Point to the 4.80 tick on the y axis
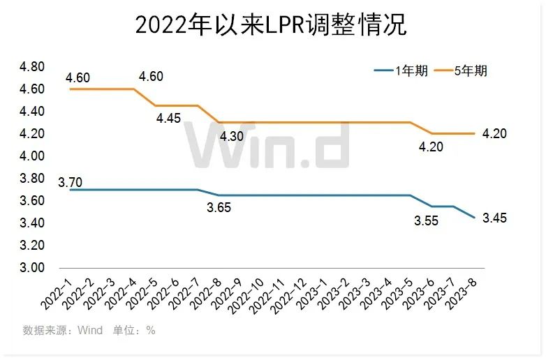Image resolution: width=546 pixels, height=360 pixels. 31,67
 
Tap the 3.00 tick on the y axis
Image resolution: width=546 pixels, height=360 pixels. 31,268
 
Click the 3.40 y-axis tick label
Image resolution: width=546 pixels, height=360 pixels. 31,223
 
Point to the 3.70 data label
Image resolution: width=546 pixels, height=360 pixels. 70,183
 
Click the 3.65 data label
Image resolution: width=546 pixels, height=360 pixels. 219,207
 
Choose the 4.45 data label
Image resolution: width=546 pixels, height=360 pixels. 168,119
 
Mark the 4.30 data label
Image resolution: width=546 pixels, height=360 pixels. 232,137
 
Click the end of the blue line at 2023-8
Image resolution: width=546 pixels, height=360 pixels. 475,218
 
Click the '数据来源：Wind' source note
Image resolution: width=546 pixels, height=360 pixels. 63,330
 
